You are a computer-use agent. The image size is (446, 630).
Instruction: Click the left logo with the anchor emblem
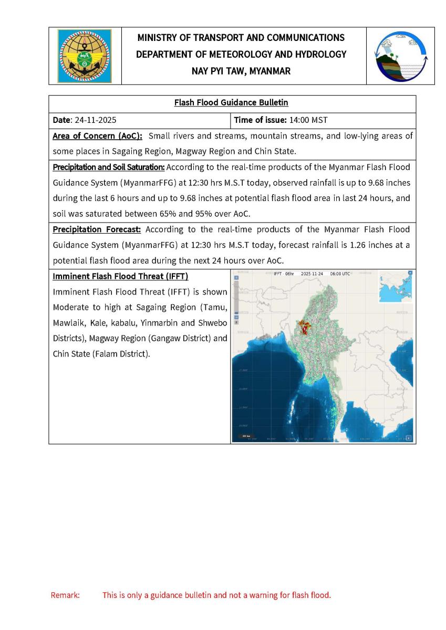84,56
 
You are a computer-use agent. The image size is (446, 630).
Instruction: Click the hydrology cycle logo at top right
401,56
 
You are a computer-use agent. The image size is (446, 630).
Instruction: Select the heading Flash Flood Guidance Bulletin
231,103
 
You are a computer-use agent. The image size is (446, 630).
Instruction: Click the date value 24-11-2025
96,120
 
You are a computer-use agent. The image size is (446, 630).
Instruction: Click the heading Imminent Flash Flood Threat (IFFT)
120,276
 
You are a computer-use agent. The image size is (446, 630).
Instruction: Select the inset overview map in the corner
395,287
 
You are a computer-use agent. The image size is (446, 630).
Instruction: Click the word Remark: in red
65,595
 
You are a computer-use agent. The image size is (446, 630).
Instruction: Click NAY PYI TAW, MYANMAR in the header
241,71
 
